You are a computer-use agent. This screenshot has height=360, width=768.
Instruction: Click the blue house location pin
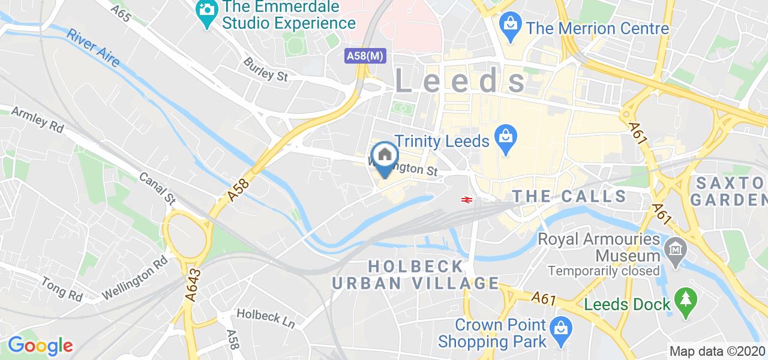pyautogui.click(x=384, y=157)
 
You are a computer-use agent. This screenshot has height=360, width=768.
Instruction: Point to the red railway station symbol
pyautogui.click(x=465, y=199)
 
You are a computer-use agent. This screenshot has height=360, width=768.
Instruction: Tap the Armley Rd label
pyautogui.click(x=37, y=119)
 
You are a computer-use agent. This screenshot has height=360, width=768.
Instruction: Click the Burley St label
pyautogui.click(x=266, y=69)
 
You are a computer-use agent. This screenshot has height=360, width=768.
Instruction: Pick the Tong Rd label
pyautogui.click(x=62, y=289)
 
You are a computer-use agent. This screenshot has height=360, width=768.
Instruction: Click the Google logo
pyautogui.click(x=40, y=346)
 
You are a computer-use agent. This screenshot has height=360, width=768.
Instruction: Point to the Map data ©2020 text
pyautogui.click(x=717, y=352)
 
